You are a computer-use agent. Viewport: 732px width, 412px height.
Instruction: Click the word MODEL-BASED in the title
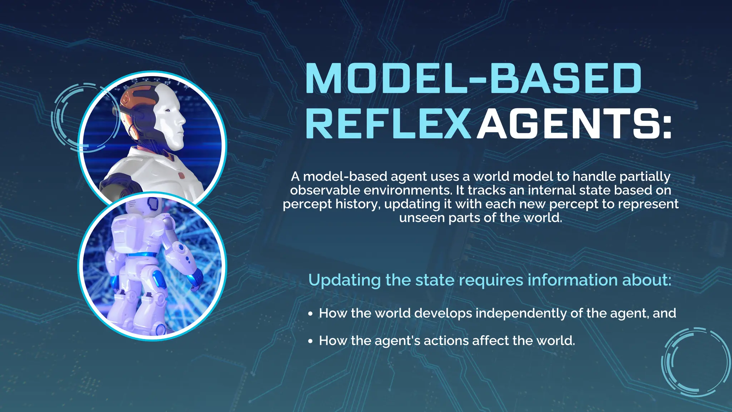[x=473, y=78]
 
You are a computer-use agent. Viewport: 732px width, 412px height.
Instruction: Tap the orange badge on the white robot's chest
[x=181, y=176]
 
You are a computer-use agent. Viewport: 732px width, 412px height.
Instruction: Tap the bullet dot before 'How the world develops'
[x=310, y=314]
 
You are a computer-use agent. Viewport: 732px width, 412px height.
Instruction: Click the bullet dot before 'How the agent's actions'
[x=310, y=341]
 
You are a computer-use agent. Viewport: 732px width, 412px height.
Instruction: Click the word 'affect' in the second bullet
[x=490, y=340]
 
